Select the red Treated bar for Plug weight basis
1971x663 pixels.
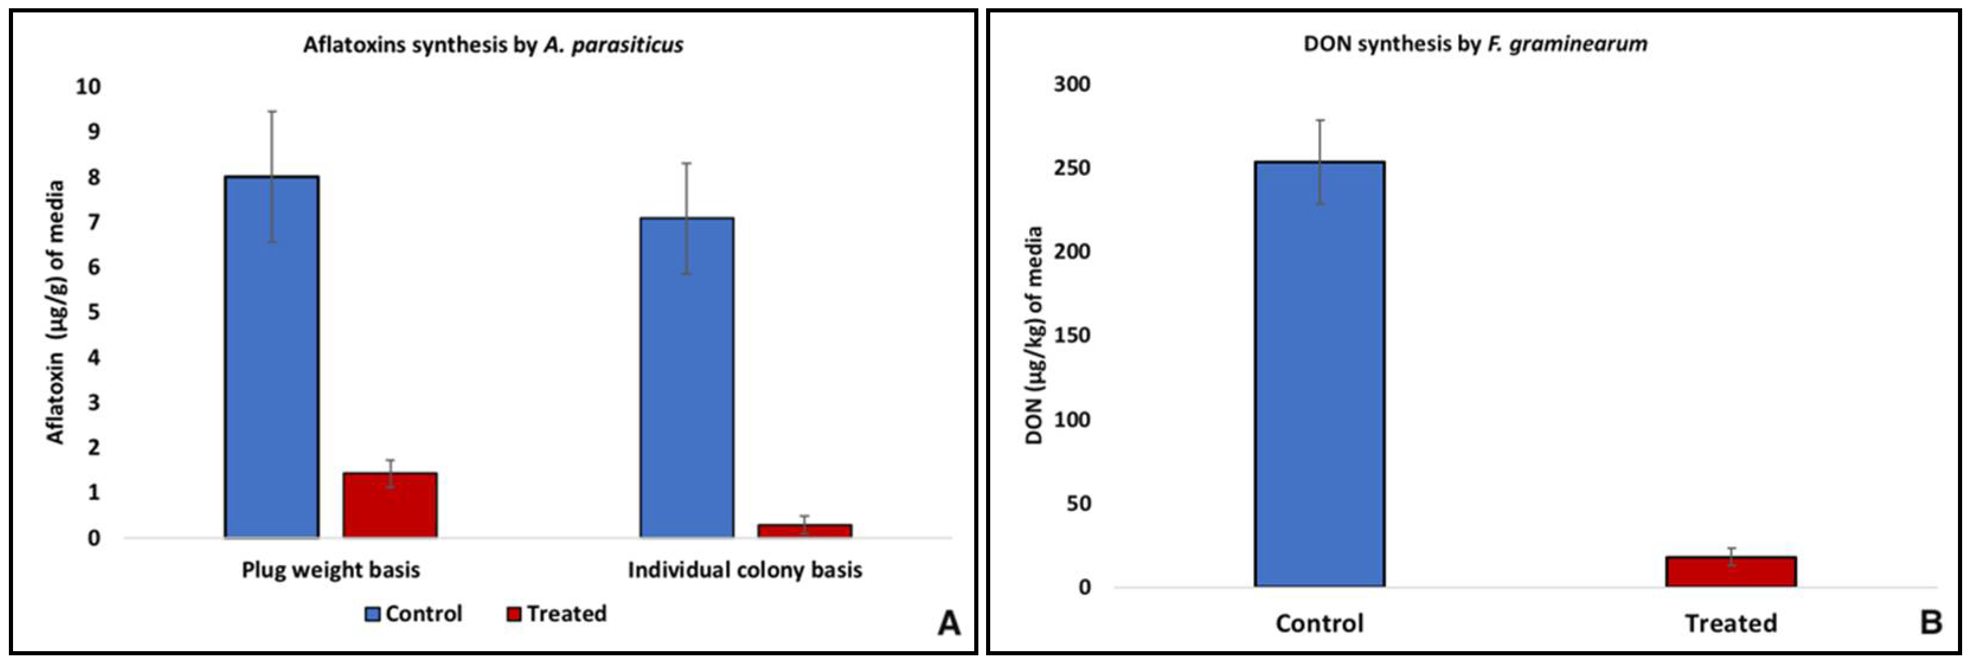click(390, 506)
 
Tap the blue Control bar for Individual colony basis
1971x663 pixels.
click(686, 378)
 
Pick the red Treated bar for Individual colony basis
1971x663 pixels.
click(804, 531)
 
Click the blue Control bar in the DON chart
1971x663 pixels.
click(1319, 374)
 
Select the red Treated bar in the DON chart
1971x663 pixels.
click(1731, 572)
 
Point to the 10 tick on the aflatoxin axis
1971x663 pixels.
click(88, 86)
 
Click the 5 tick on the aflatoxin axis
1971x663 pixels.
click(94, 312)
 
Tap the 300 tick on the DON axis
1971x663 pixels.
click(1072, 84)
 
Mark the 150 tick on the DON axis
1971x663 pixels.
click(1072, 336)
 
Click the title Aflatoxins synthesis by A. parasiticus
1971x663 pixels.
click(493, 45)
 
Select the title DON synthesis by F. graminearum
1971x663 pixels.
click(1475, 44)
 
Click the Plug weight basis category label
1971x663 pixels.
click(330, 571)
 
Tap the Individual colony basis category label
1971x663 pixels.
click(744, 571)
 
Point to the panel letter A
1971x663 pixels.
click(949, 624)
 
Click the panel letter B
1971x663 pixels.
click(1931, 623)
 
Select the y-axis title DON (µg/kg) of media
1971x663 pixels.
click(1035, 336)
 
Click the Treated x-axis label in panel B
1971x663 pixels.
click(1731, 624)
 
